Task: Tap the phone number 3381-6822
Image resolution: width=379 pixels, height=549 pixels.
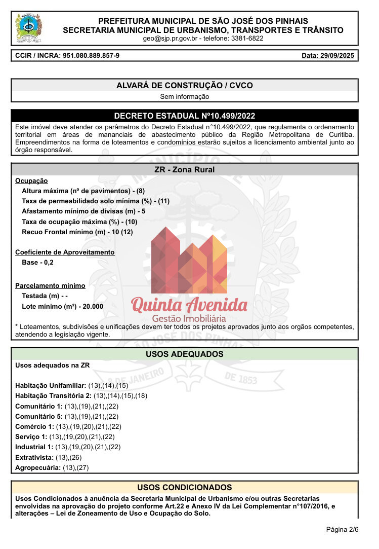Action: tap(247, 39)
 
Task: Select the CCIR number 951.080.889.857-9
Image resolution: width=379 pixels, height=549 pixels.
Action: tap(91, 55)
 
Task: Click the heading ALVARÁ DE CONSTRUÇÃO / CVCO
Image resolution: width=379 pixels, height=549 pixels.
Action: tap(185, 86)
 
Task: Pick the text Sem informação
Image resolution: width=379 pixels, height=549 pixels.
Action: tap(185, 96)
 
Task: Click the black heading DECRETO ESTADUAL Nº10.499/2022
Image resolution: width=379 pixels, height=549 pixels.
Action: tap(185, 116)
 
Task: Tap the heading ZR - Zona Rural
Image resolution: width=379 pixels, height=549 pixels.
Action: tap(185, 170)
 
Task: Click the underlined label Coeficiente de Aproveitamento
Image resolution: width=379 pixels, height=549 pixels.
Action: tap(65, 252)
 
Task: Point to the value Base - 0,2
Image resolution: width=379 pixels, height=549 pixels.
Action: tap(37, 263)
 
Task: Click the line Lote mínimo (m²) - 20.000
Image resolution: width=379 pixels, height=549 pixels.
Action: tap(63, 307)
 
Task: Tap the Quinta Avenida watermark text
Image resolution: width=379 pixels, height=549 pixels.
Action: tap(189, 305)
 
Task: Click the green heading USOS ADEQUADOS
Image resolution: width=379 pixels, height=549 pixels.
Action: tap(185, 354)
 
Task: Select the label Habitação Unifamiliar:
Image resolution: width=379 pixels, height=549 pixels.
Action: tap(51, 386)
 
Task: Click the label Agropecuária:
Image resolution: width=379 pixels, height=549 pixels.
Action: tap(38, 467)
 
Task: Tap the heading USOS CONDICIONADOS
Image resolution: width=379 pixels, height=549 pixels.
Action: tap(185, 488)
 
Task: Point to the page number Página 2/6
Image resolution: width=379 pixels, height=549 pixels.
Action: tap(342, 530)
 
